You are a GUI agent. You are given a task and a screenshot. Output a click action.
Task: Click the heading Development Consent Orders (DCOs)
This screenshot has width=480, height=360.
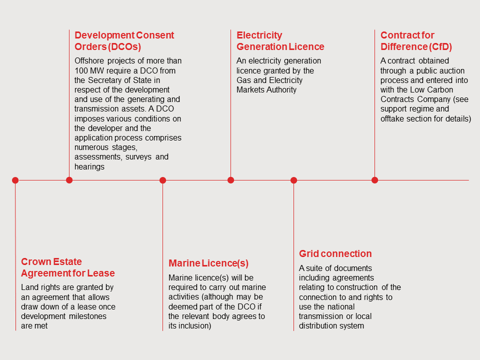124,41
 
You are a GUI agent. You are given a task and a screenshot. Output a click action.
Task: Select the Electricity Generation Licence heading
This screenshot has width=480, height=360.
280,41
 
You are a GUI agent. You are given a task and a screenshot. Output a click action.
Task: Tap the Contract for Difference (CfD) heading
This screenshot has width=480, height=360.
416,41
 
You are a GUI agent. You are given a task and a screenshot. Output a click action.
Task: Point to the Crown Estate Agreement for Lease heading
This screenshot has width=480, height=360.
67,267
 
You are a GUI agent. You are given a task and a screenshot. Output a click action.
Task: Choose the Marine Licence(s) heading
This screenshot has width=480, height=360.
208,263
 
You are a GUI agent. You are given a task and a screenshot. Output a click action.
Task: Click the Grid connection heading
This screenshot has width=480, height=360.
335,253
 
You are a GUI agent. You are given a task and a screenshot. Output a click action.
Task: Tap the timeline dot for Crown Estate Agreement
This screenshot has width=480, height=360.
15,180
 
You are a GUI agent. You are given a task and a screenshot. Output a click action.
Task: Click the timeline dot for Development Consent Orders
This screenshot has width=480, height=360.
69,180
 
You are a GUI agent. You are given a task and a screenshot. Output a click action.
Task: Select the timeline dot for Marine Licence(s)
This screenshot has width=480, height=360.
162,180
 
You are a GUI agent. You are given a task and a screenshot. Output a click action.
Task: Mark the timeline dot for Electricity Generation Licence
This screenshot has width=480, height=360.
230,180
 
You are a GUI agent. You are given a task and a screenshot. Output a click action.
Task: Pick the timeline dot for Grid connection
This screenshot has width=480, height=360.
293,180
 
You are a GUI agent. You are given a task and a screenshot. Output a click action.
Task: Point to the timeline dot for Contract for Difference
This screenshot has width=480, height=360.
374,180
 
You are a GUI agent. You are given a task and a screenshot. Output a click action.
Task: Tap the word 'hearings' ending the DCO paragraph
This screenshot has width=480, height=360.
89,166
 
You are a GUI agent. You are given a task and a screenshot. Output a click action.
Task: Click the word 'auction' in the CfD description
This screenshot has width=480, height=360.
451,70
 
